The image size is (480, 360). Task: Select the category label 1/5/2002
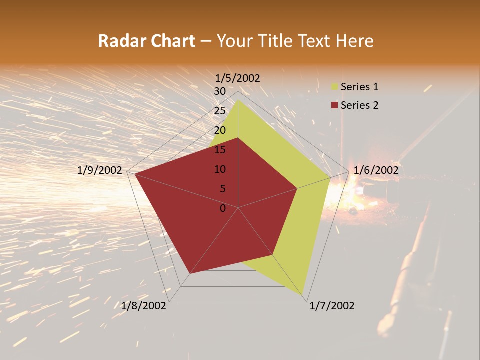coord(238,78)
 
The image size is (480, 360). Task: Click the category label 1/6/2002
coord(376,170)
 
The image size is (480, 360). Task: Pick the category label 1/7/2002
coord(332,306)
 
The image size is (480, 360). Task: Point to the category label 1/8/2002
coord(144,306)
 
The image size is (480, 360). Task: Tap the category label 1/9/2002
coord(100,170)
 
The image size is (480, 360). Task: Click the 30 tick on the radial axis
coord(220,91)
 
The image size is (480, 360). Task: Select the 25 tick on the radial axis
coord(220,111)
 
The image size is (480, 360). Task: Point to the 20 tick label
coord(220,130)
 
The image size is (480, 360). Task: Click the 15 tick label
coord(220,150)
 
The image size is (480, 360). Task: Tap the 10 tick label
coord(220,169)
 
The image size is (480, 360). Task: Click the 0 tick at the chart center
coord(223,208)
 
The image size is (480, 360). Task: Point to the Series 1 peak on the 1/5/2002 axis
coord(238,99)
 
